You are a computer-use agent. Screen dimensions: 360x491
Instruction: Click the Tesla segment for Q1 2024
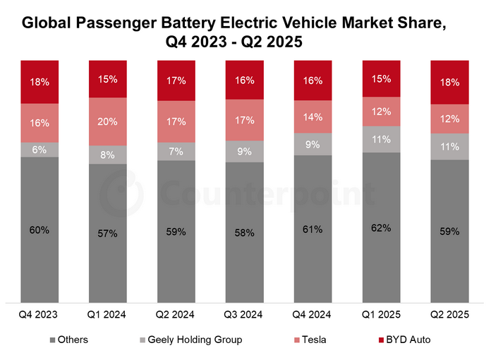coord(108,121)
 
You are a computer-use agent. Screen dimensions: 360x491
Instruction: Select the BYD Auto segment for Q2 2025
coord(449,82)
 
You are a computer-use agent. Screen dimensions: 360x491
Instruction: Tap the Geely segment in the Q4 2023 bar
coord(40,150)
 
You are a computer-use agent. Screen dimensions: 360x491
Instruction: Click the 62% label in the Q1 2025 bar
coord(381,228)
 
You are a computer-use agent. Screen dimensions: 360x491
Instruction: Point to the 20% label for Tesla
coord(108,121)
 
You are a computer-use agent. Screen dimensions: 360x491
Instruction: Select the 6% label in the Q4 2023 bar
coord(40,150)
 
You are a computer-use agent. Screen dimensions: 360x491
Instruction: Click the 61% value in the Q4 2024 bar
coord(313,229)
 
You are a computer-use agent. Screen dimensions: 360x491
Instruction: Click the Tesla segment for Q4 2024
coord(313,117)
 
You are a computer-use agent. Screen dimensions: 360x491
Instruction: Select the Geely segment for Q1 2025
coord(381,139)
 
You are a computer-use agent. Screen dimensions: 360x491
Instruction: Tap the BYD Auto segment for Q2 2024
coord(176,80)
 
